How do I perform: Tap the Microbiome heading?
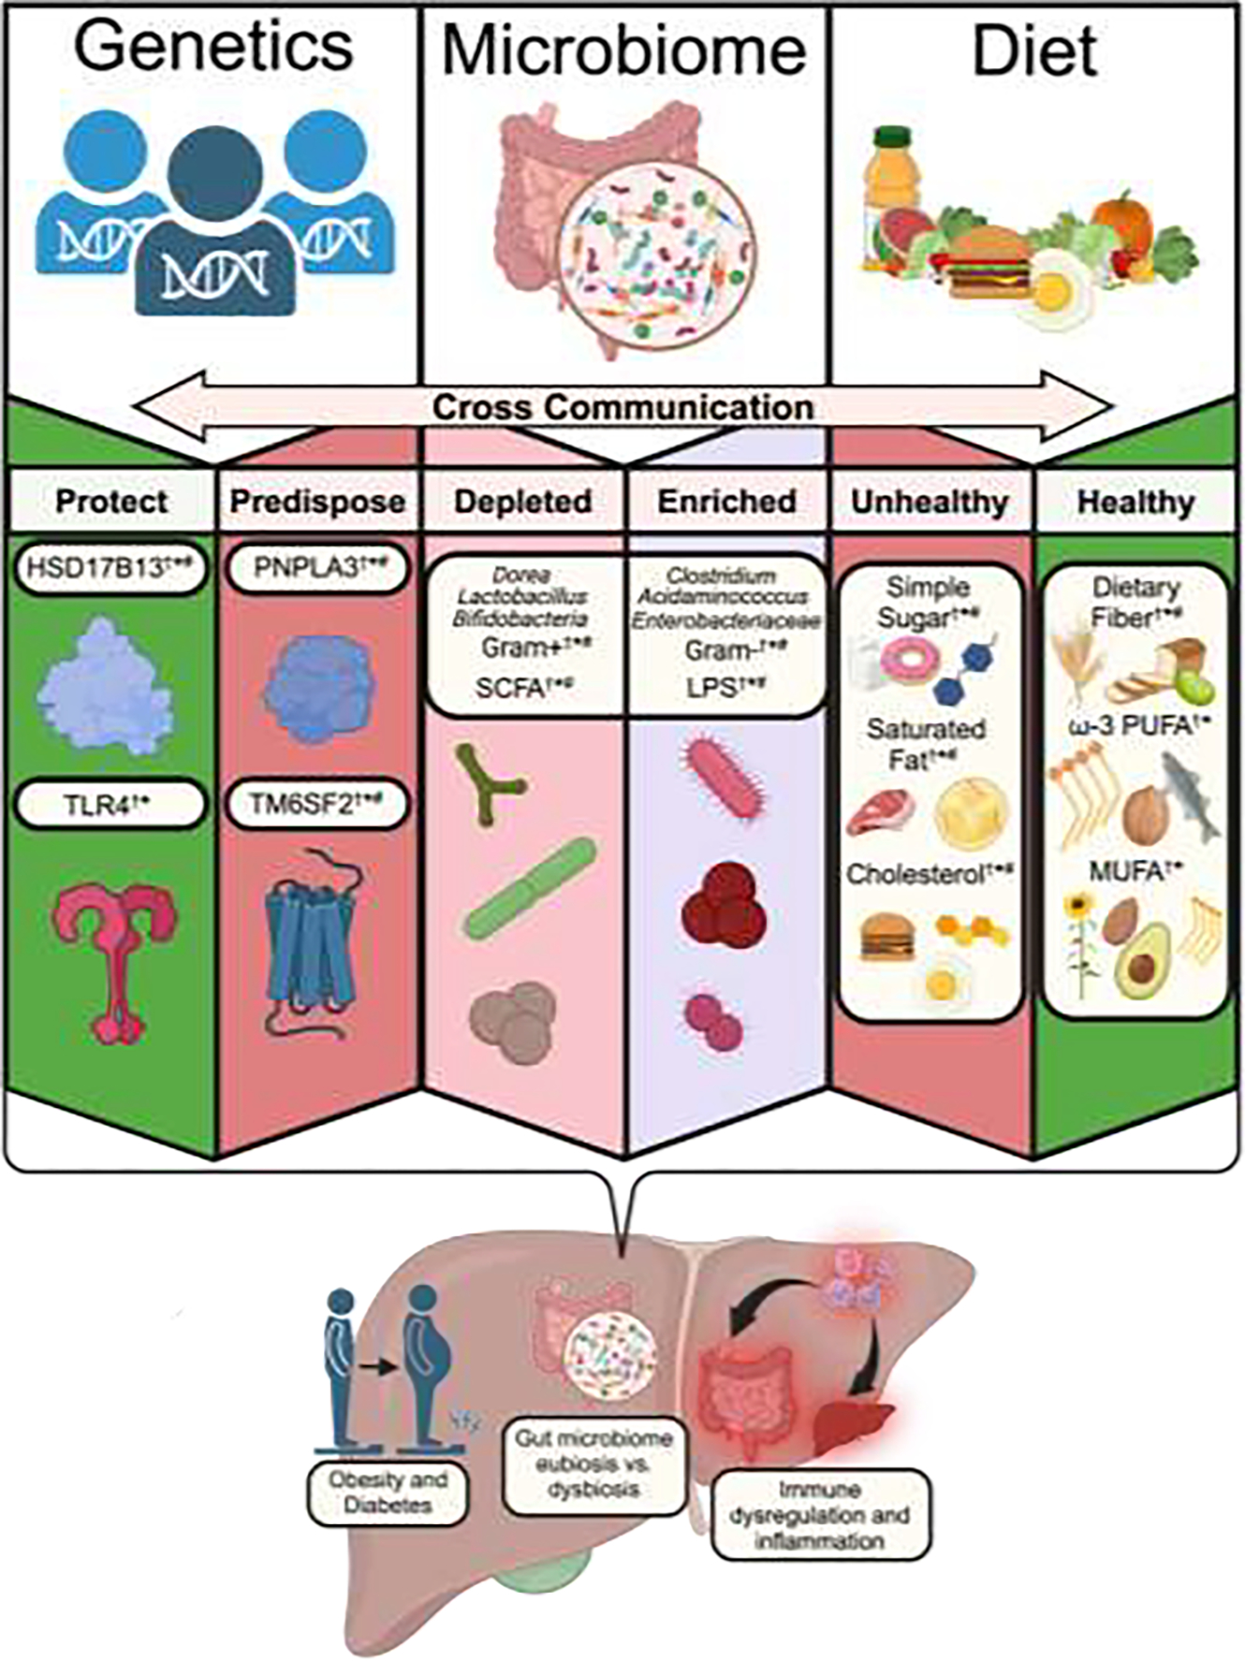tap(624, 51)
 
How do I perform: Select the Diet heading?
tap(1034, 51)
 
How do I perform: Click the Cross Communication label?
tap(622, 408)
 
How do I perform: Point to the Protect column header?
tap(111, 501)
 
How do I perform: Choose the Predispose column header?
tap(317, 501)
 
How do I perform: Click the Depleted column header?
tap(523, 501)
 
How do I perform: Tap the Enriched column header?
tap(726, 501)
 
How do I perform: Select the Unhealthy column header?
tap(930, 501)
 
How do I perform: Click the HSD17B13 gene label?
tap(110, 569)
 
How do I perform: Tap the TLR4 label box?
tap(110, 806)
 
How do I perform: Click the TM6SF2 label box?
tap(316, 806)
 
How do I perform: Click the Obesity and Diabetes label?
tap(388, 1493)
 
